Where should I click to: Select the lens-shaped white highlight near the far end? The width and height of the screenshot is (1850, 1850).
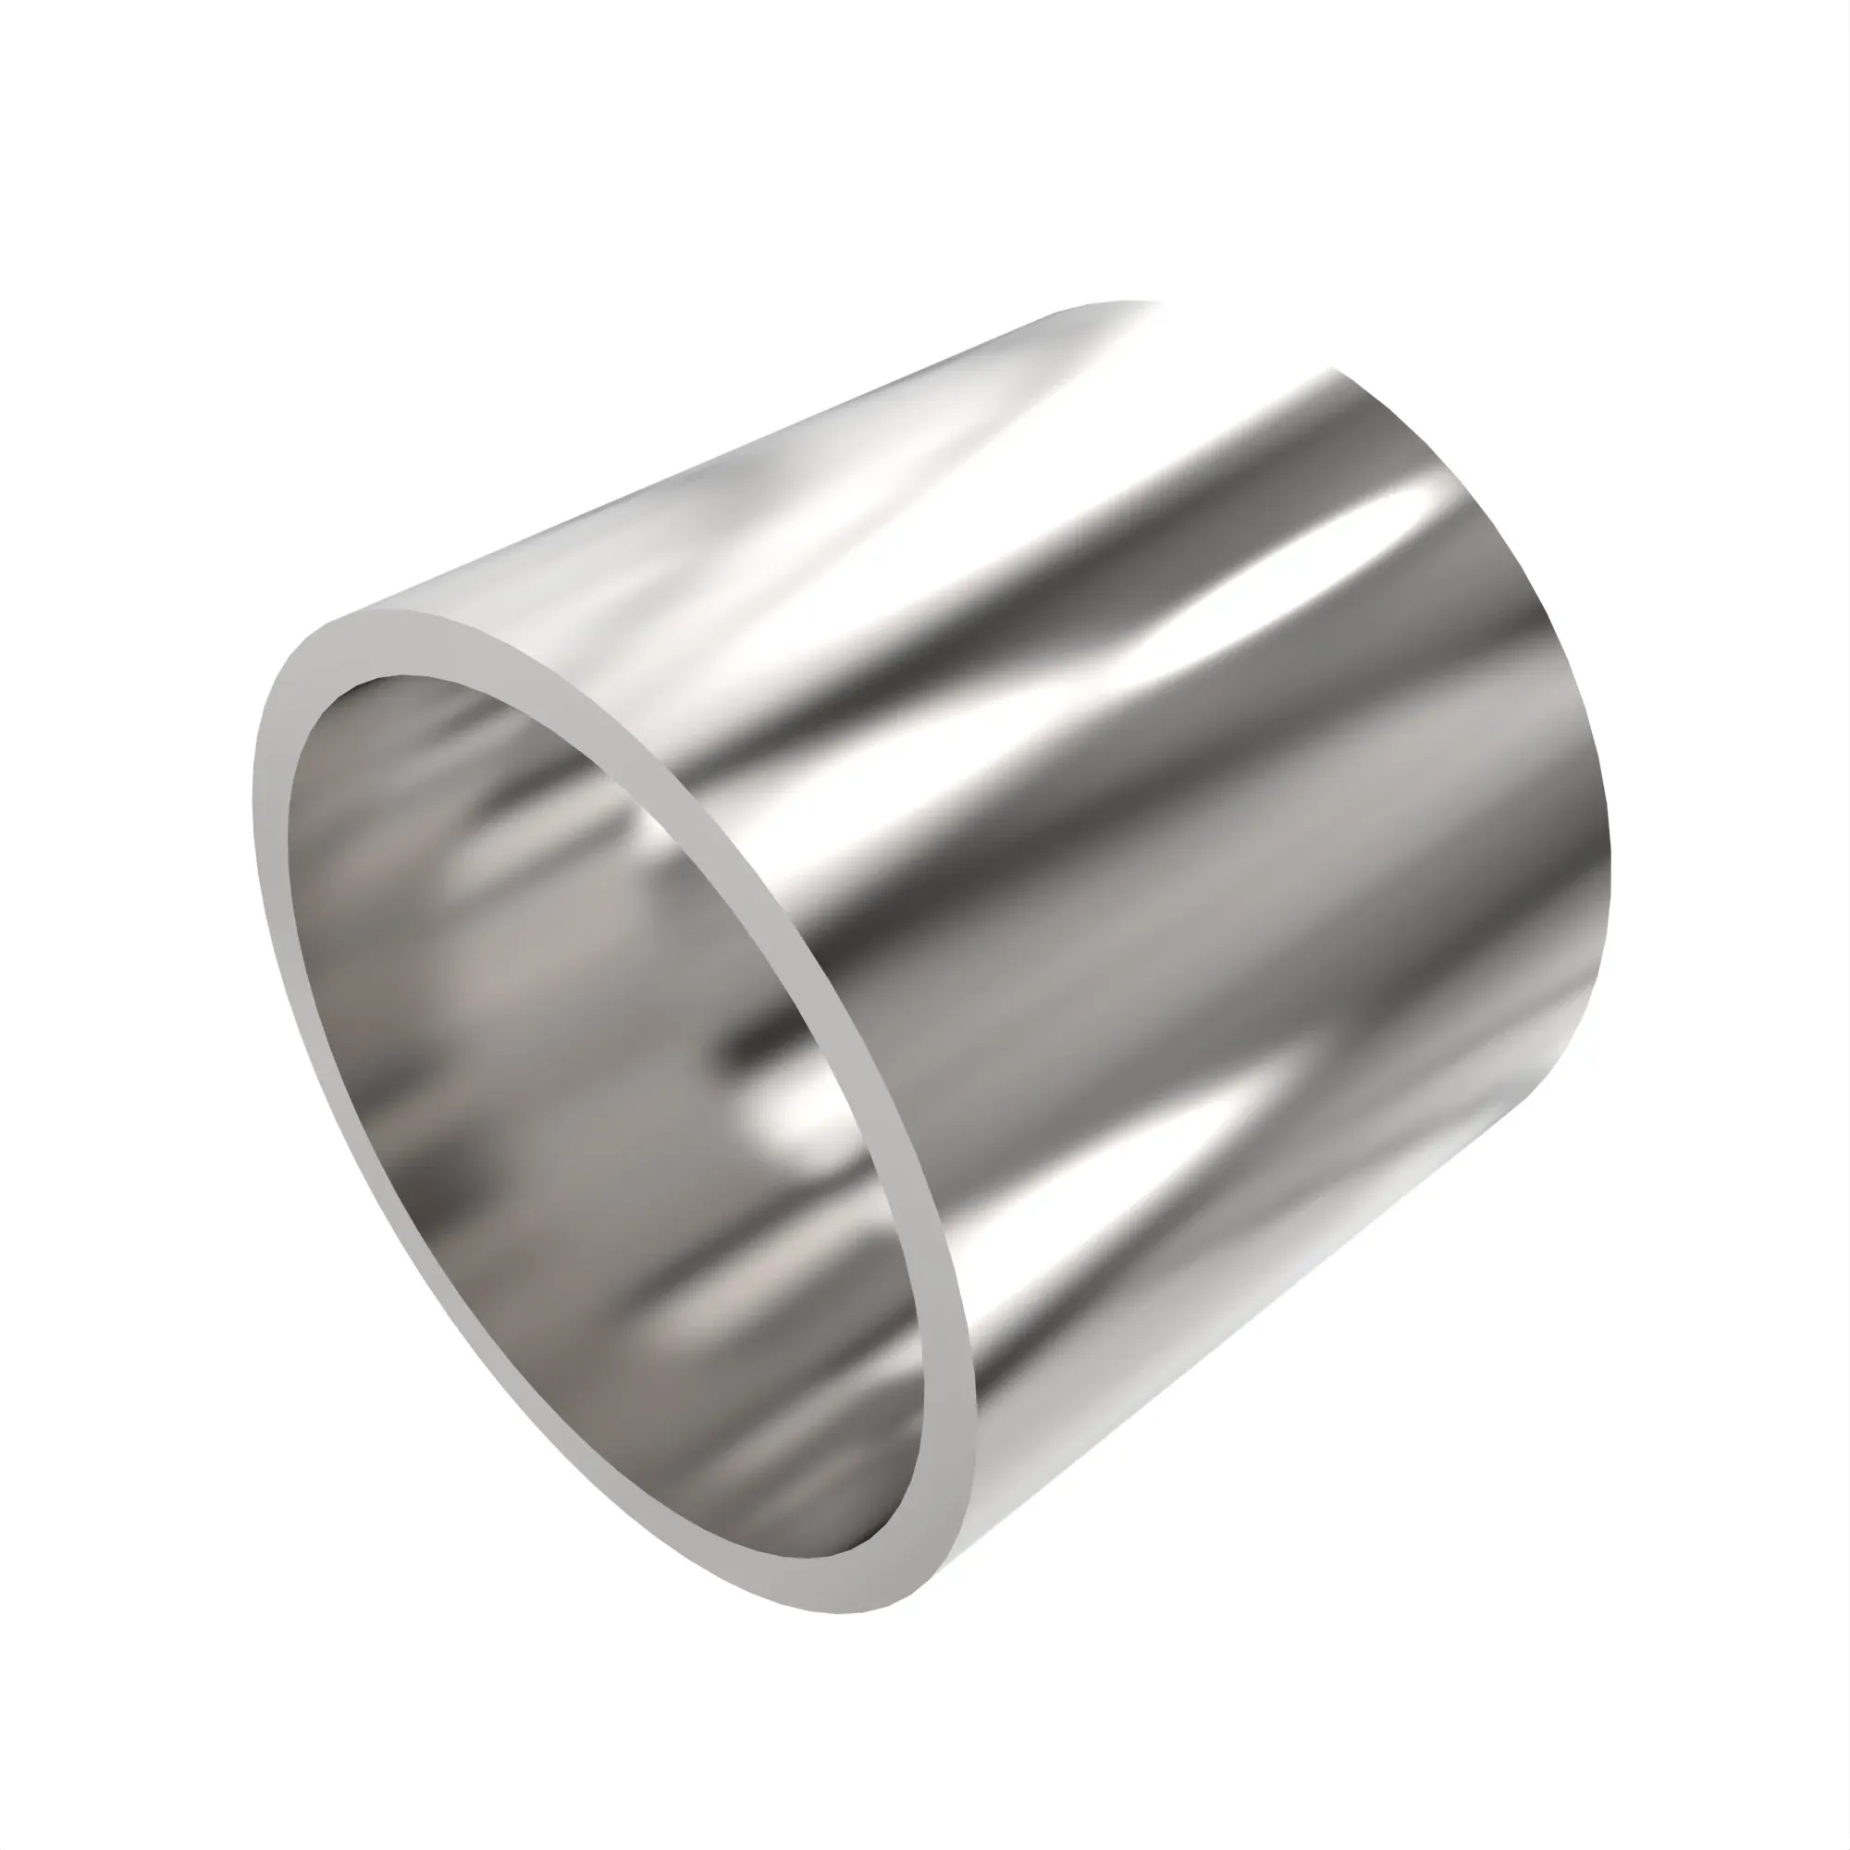[1437, 508]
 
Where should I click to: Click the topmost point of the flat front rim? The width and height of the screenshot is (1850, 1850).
[383, 610]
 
